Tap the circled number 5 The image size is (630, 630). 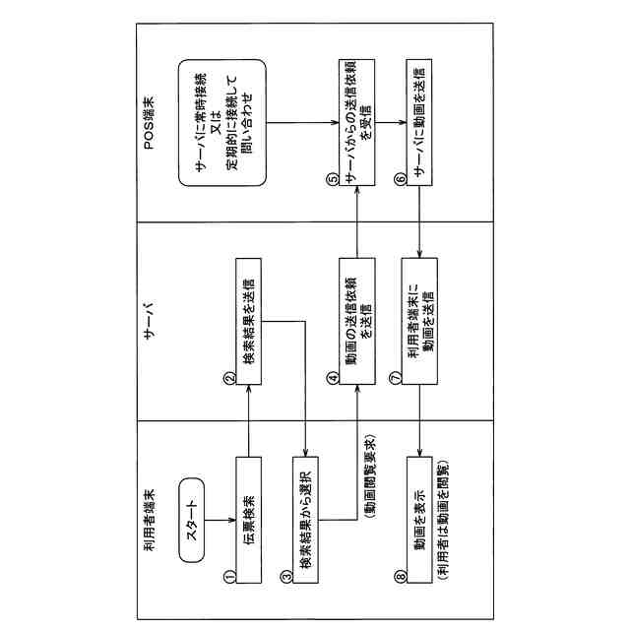coord(333,180)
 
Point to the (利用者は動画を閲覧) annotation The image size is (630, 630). coord(442,519)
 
